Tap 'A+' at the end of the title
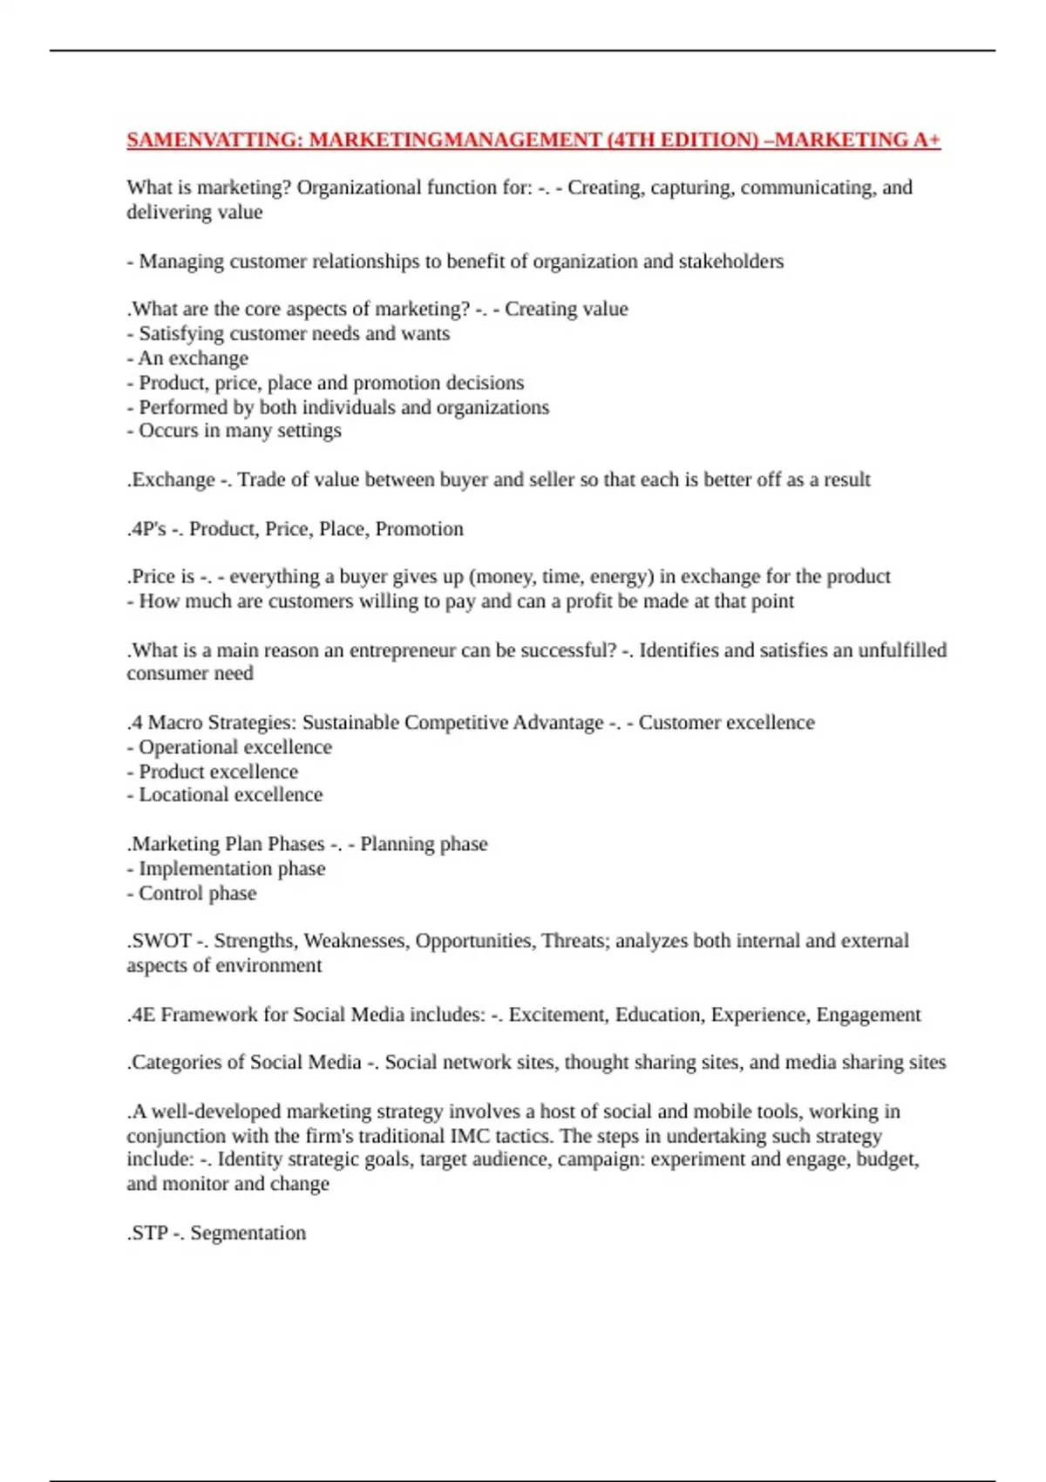[x=927, y=140]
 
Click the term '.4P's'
[x=146, y=529]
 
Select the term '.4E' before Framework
[x=141, y=1015]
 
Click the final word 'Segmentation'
[x=248, y=1234]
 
